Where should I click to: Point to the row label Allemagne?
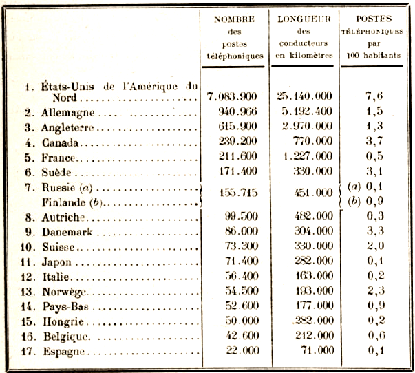[70, 112]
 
